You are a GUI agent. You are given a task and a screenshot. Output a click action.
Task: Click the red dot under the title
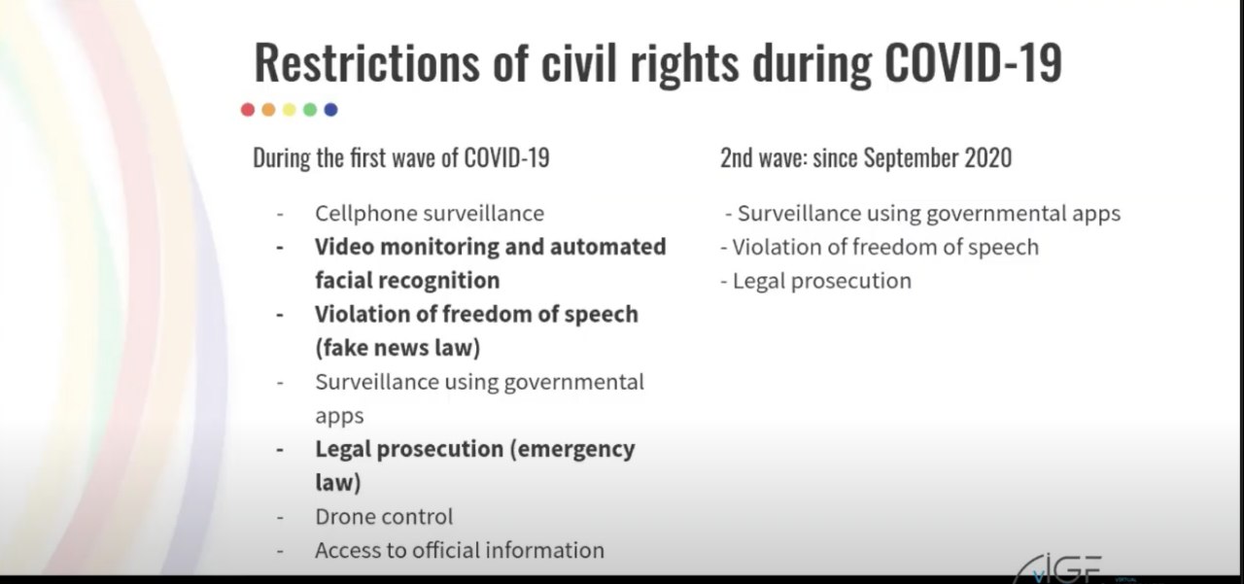(x=248, y=110)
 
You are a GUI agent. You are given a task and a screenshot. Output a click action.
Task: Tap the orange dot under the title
(x=268, y=110)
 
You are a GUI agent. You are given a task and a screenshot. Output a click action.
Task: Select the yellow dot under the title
(x=290, y=110)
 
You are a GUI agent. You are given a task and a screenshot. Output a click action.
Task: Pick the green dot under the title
(x=310, y=110)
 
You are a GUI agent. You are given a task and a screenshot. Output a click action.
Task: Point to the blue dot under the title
(x=331, y=110)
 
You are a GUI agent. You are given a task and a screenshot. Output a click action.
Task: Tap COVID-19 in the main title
(x=974, y=62)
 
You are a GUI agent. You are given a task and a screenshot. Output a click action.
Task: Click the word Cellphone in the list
(x=365, y=214)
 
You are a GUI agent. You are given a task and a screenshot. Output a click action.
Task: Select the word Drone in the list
(x=346, y=517)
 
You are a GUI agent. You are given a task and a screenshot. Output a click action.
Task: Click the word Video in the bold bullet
(x=344, y=247)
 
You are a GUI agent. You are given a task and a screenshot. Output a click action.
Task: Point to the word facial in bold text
(x=344, y=281)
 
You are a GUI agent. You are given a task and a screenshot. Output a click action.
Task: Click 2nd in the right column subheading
(x=737, y=157)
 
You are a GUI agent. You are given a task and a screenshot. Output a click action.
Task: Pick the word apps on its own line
(x=339, y=417)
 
